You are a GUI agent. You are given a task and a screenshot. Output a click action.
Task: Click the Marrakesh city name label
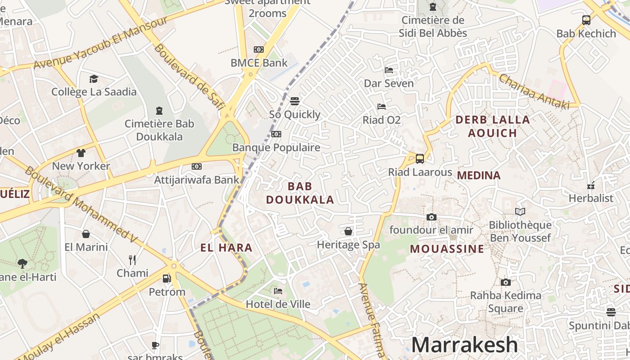464,345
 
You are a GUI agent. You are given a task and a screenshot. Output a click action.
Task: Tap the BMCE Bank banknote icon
259,49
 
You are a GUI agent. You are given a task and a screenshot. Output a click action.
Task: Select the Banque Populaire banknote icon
276,134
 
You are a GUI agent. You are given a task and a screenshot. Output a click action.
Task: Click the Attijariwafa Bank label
197,180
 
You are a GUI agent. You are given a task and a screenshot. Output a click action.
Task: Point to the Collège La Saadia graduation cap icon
94,79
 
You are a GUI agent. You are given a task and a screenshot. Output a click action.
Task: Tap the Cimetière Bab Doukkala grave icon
159,110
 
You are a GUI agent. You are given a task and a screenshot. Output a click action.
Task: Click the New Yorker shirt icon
81,153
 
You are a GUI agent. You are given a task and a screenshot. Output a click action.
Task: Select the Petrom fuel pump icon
167,279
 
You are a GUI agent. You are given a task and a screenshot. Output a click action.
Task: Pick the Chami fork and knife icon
132,260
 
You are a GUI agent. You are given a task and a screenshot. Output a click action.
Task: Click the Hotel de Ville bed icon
278,291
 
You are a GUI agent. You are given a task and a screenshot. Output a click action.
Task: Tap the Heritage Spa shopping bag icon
348,231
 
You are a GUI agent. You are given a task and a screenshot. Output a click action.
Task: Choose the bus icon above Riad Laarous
419,158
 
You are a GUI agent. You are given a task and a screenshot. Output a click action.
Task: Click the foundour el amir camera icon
431,217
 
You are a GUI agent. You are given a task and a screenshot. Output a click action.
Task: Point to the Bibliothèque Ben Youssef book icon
520,211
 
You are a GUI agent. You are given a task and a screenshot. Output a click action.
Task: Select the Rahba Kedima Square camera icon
506,282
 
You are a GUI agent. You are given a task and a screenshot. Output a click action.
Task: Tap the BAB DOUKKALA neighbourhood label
300,193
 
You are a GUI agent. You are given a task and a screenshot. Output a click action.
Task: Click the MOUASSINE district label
447,249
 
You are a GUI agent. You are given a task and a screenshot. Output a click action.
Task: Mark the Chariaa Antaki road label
534,91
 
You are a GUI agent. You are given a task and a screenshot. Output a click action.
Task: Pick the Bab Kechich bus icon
586,20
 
